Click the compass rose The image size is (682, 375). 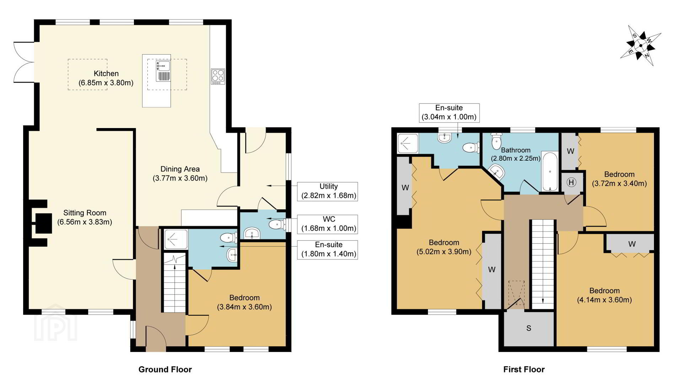[x=640, y=45]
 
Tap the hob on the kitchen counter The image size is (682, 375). [x=218, y=76]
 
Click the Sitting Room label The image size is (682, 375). [x=85, y=217]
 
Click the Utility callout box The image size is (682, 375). [x=328, y=191]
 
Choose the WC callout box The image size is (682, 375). [x=328, y=224]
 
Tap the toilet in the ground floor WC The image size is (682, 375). [x=277, y=224]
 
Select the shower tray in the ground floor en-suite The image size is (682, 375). [x=176, y=239]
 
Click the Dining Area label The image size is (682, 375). [x=180, y=173]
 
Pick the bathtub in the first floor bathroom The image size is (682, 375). [x=550, y=172]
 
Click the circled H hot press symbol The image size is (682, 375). [x=571, y=182]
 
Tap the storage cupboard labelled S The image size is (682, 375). [x=529, y=328]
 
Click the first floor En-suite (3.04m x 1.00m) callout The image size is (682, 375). [x=449, y=113]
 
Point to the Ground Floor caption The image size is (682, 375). [x=165, y=370]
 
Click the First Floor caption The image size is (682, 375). [x=524, y=370]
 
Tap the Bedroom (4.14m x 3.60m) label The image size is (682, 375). [x=604, y=295]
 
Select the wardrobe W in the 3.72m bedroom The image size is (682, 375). [x=570, y=151]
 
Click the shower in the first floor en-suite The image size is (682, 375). [x=408, y=143]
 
